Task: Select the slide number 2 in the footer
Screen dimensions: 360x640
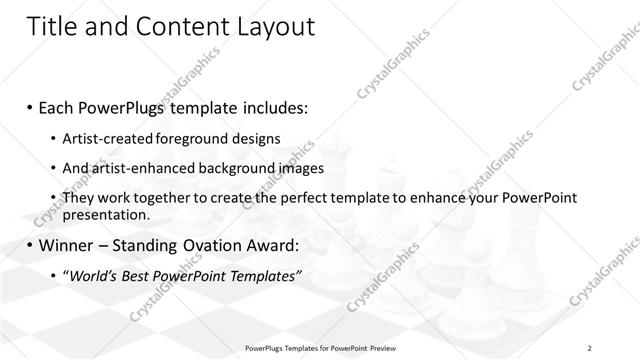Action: tap(591, 347)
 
